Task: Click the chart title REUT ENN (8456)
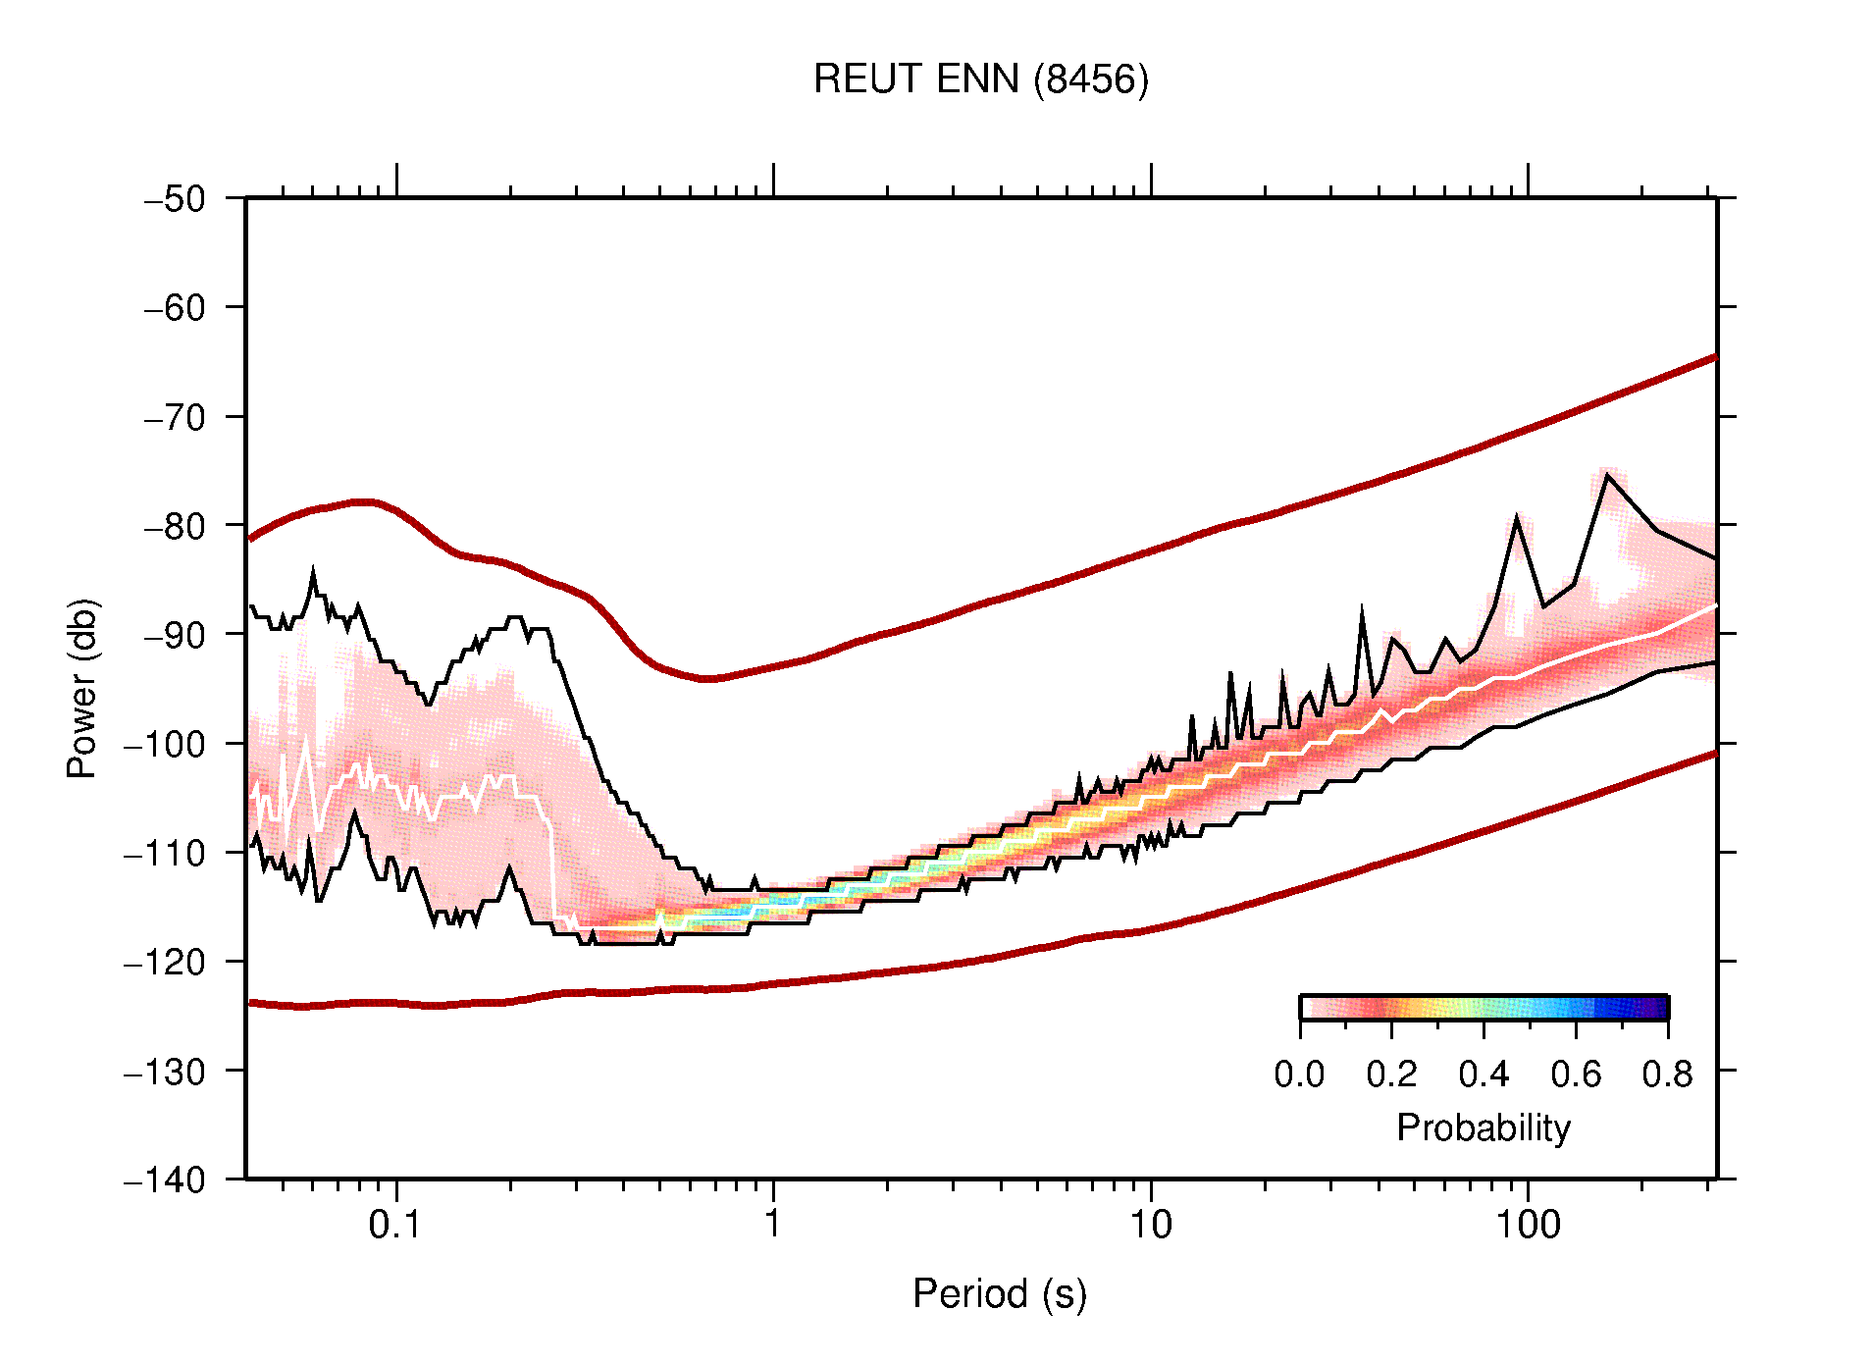tap(980, 79)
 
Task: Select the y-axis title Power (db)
tap(82, 688)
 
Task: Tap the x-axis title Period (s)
tap(999, 1294)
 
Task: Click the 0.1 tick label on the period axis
tap(394, 1225)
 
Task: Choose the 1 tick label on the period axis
tap(773, 1225)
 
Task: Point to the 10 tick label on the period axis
tap(1150, 1225)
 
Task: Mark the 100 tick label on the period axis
tap(1527, 1225)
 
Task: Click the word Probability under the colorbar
tap(1483, 1128)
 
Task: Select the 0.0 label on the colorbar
tap(1299, 1075)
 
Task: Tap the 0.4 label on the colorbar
tap(1484, 1075)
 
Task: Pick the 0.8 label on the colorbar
tap(1667, 1075)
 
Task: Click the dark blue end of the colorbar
tap(1658, 1008)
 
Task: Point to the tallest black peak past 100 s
tap(1607, 476)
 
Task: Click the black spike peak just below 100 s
tap(1517, 518)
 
